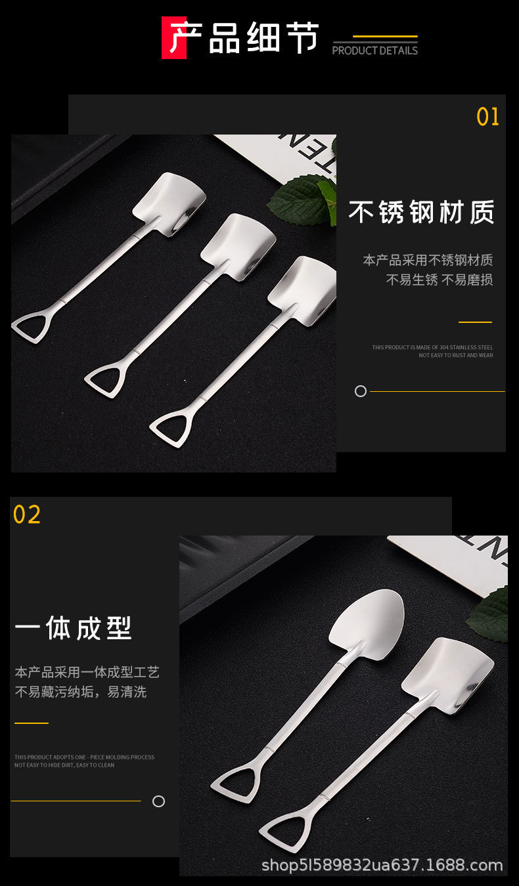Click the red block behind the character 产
click(x=173, y=38)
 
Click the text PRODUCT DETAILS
click(x=374, y=51)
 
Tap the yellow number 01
click(x=487, y=117)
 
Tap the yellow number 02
click(x=27, y=515)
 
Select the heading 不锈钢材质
click(x=421, y=213)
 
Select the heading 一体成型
click(x=73, y=628)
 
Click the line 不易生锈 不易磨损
click(x=439, y=280)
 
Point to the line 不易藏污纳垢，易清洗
click(x=81, y=692)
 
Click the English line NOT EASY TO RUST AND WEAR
click(x=455, y=356)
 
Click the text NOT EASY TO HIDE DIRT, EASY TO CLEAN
click(x=64, y=765)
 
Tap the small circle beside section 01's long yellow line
click(x=361, y=391)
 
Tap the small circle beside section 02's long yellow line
click(x=158, y=801)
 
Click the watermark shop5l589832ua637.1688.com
click(x=382, y=866)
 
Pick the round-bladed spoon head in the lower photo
click(x=365, y=617)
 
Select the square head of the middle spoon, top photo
click(x=230, y=246)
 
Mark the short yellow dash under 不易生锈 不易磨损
click(x=475, y=322)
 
